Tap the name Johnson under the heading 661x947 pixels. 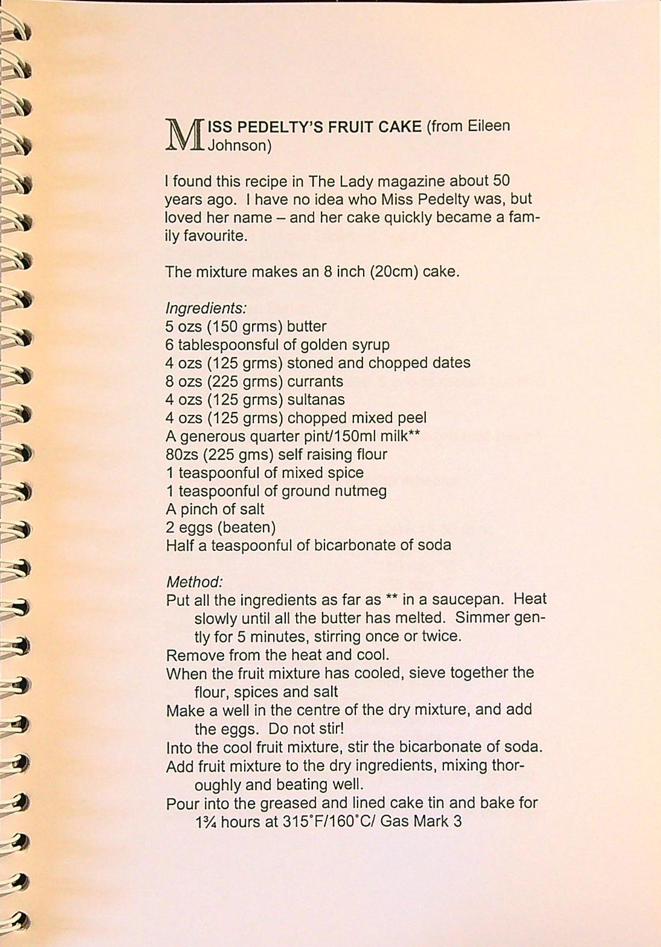coord(237,145)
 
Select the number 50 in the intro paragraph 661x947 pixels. coord(502,180)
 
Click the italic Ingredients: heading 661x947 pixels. coord(206,308)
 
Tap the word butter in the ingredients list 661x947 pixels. coord(306,327)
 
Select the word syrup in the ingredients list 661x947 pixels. coord(369,345)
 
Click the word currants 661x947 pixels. coord(315,382)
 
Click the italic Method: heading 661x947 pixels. coord(195,582)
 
